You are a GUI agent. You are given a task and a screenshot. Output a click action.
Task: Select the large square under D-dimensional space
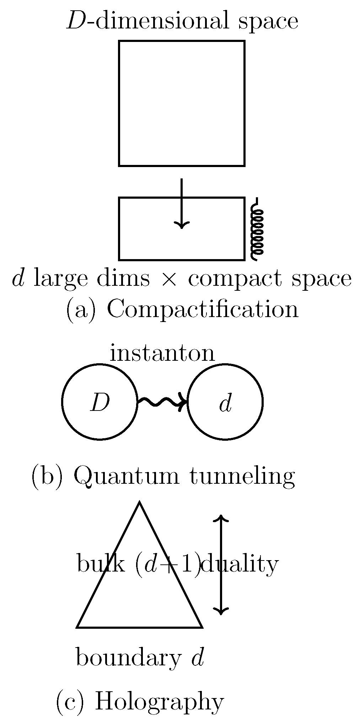[x=182, y=103]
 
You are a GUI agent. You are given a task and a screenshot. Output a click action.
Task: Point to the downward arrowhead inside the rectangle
[x=182, y=225]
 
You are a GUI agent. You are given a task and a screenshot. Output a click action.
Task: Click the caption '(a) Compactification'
[x=182, y=310]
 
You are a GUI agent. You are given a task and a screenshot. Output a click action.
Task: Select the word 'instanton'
[x=162, y=354]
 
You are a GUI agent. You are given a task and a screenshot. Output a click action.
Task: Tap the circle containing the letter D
[x=100, y=402]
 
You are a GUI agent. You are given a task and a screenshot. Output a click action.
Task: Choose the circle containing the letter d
[x=225, y=402]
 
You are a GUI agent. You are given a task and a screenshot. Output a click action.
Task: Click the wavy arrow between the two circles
[x=162, y=402]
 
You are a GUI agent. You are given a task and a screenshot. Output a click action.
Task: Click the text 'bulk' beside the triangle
[x=101, y=564]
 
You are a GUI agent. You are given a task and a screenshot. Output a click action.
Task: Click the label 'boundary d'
[x=140, y=658]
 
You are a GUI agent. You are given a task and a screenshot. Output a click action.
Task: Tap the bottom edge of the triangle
[x=140, y=627]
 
